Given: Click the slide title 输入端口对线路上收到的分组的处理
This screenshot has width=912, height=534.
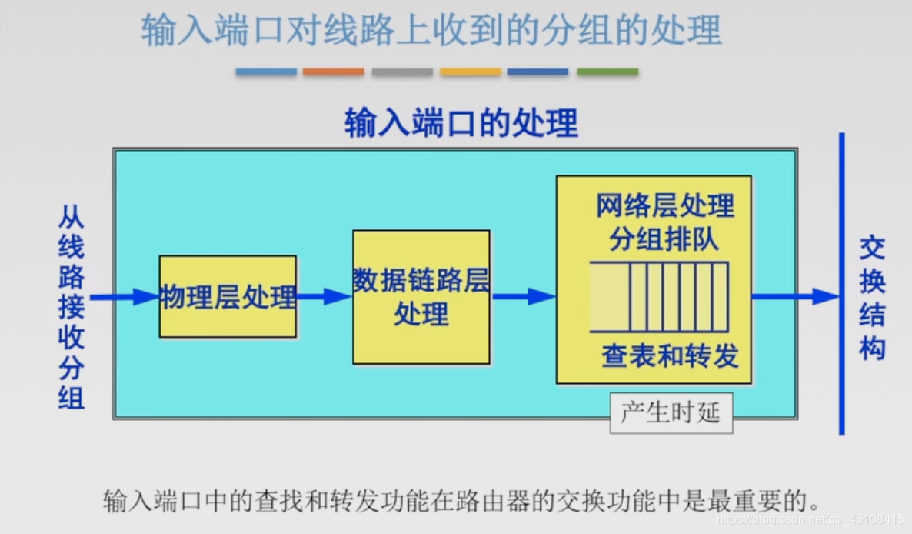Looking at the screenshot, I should pos(431,31).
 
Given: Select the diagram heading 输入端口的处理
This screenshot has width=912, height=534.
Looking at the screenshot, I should pos(461,123).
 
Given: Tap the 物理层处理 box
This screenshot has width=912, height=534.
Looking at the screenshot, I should pos(228,297).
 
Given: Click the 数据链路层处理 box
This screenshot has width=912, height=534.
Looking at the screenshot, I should pos(421,297).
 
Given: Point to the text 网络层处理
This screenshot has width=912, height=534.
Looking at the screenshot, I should pos(665,206).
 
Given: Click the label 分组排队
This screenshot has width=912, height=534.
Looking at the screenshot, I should pos(664,239).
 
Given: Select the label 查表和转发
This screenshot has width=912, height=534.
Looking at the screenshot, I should pos(670,355).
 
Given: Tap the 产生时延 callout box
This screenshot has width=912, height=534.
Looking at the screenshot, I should pos(671,413).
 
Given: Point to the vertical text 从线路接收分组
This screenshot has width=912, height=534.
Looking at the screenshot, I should pos(72,308).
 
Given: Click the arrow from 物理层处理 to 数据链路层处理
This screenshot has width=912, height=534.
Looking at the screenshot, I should pos(324,296).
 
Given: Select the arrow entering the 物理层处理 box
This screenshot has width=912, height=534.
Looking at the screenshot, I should pos(124,297).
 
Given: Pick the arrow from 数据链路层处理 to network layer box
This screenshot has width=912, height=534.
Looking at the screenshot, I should pos(523,296).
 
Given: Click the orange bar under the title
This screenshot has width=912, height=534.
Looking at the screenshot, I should pos(333,72).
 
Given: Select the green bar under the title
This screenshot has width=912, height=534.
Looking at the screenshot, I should pos(607,72).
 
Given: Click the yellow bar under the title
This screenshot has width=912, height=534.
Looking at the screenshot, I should pos(471,72).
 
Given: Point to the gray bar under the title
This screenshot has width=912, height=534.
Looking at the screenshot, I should pos(402,72).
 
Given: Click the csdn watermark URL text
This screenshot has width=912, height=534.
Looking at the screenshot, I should pos(807,521).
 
